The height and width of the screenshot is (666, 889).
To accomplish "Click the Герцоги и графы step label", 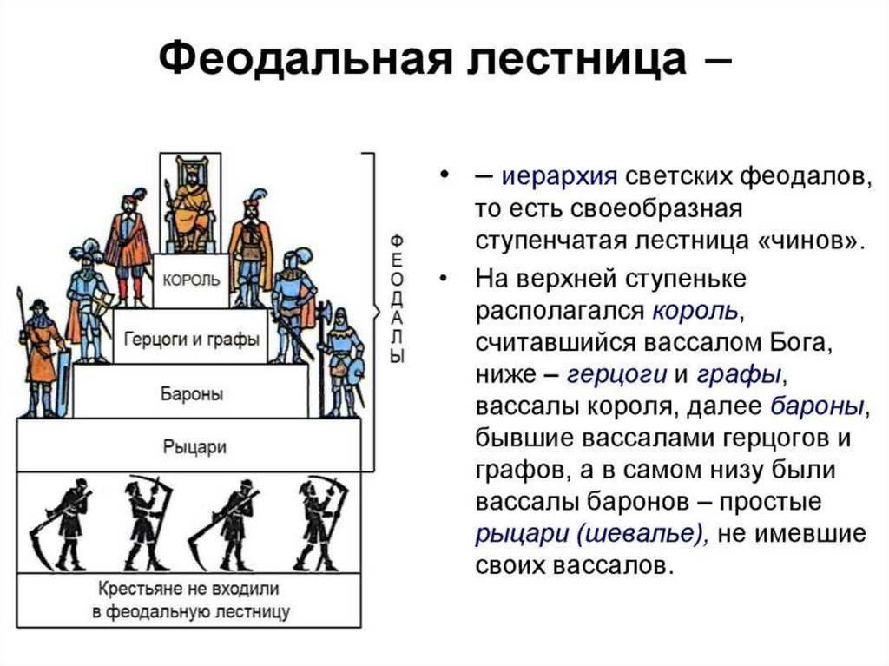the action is (x=191, y=339).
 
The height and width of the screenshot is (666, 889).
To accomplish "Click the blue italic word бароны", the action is (x=817, y=406).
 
